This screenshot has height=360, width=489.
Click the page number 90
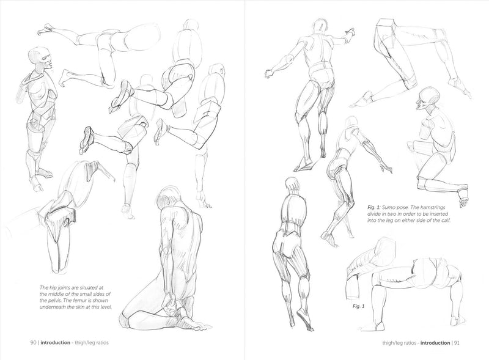click(x=34, y=342)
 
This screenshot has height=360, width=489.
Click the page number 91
click(x=457, y=343)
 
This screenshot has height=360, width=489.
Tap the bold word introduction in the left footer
click(x=56, y=342)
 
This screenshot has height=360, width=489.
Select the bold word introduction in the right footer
click(x=435, y=343)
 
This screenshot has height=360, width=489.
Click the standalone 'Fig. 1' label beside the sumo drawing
click(x=358, y=306)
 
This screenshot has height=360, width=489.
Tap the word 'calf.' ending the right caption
click(x=446, y=220)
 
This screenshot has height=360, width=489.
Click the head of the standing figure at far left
click(x=40, y=58)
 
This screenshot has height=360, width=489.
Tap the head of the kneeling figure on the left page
click(x=169, y=197)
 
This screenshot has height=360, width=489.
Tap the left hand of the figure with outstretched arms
click(x=268, y=73)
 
